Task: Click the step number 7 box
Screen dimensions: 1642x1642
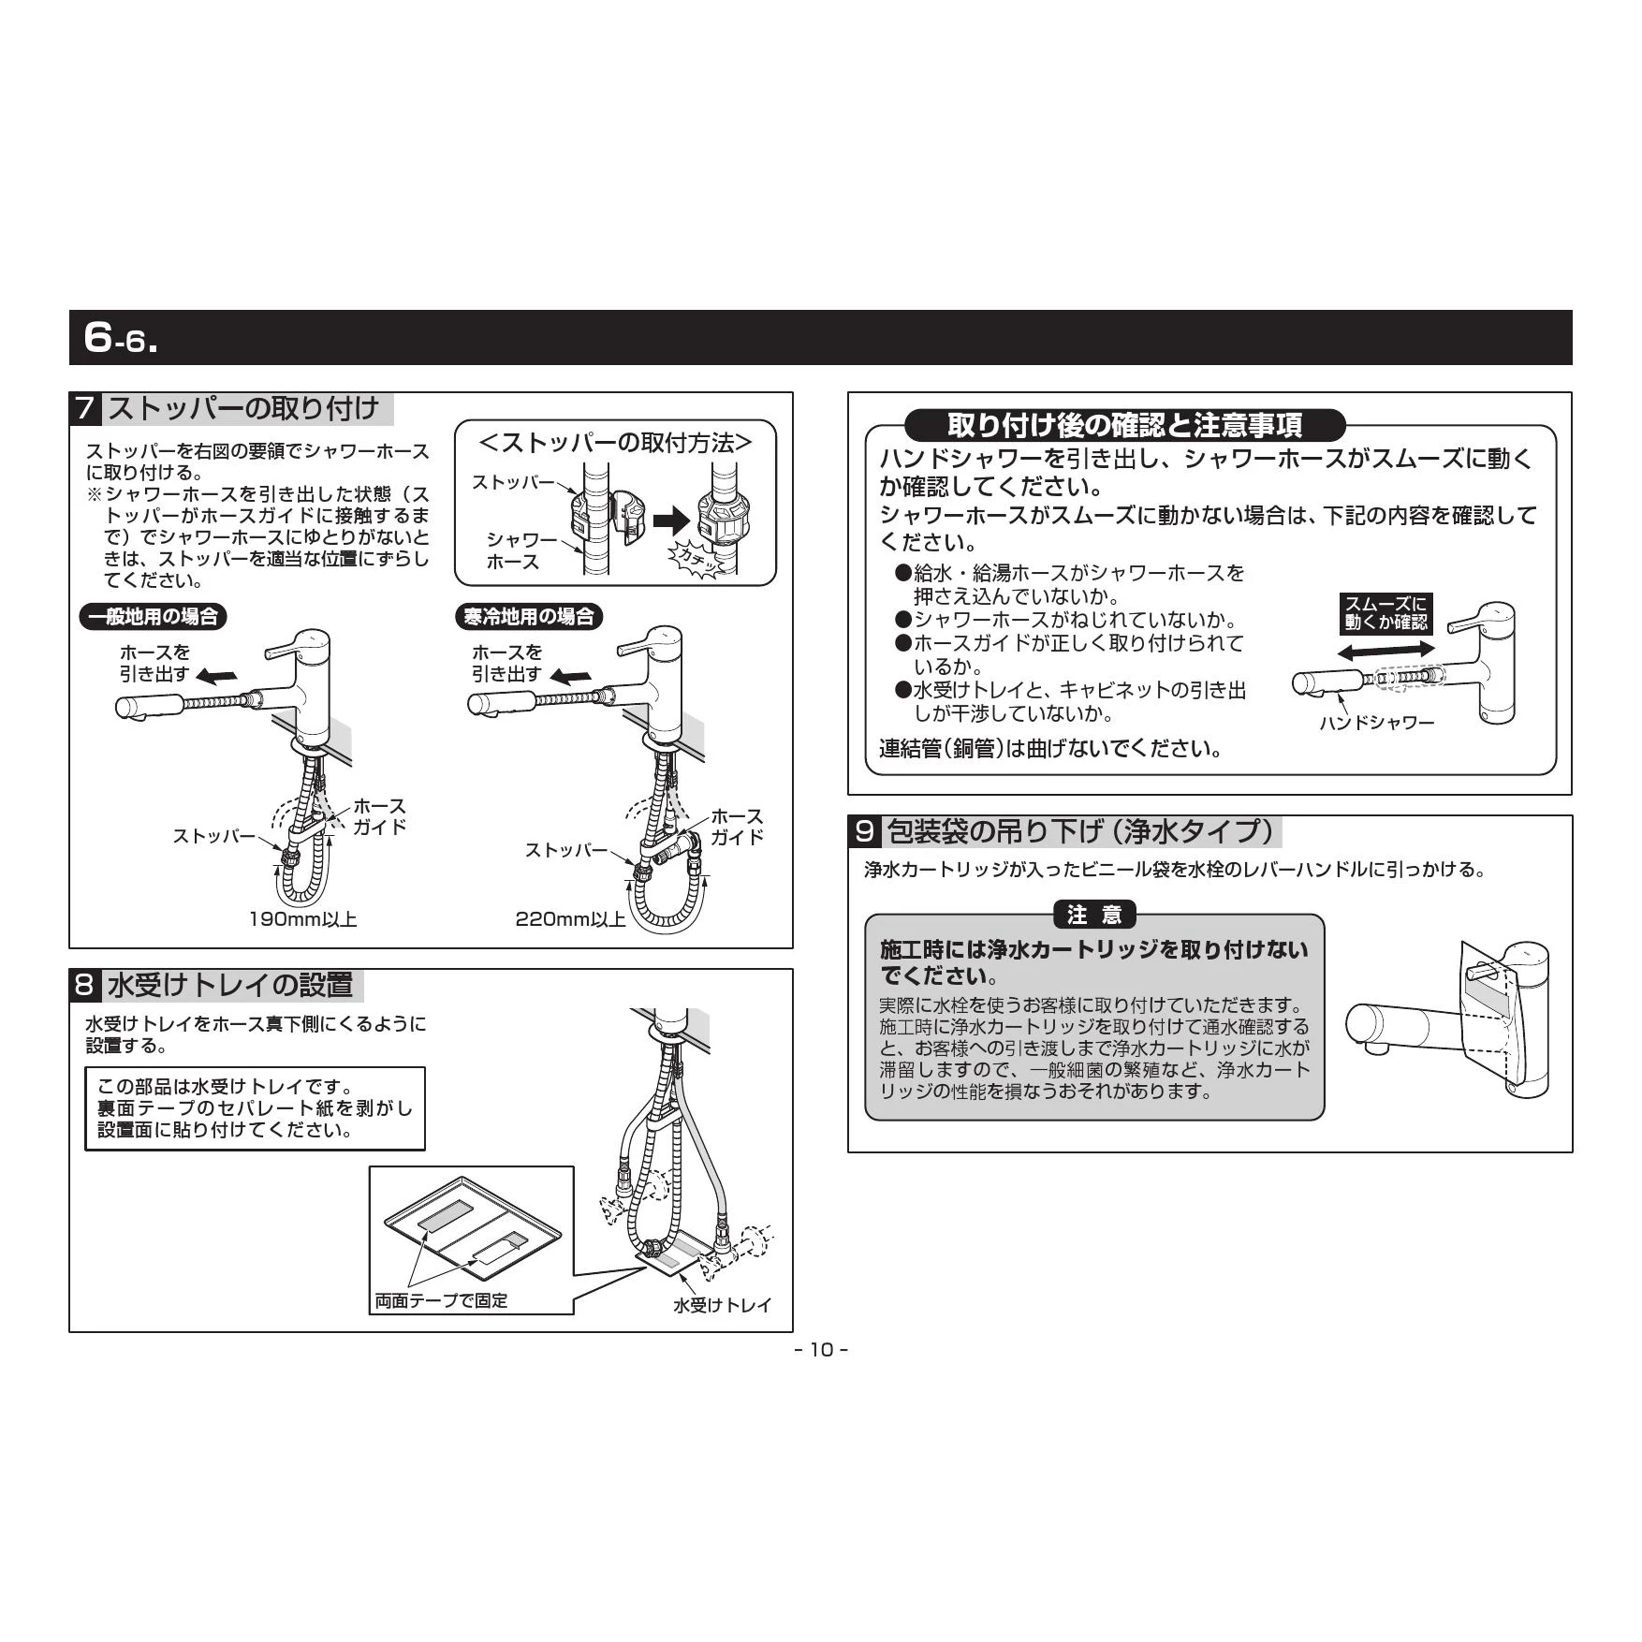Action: (85, 409)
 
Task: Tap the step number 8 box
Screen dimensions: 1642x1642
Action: (85, 985)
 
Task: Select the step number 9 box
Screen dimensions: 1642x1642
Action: (864, 831)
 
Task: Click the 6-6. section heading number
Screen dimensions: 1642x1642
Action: (121, 337)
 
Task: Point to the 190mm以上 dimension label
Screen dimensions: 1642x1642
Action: (302, 919)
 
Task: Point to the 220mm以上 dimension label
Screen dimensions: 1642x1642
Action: (570, 919)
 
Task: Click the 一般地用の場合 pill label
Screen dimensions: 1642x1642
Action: (153, 616)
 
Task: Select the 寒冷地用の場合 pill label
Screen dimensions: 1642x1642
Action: (529, 616)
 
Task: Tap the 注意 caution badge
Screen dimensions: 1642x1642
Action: (1094, 915)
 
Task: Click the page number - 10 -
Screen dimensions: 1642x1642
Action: (821, 1350)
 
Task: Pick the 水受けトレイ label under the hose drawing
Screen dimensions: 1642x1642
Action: (722, 1305)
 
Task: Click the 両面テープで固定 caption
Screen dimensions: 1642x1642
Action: (441, 1300)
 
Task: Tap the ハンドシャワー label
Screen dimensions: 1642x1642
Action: (1376, 722)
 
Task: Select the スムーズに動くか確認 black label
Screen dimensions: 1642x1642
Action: (1386, 613)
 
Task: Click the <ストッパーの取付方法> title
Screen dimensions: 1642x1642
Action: (615, 443)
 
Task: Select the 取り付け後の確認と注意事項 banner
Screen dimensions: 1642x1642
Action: (1125, 425)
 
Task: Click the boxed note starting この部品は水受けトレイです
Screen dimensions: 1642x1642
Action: (255, 1108)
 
